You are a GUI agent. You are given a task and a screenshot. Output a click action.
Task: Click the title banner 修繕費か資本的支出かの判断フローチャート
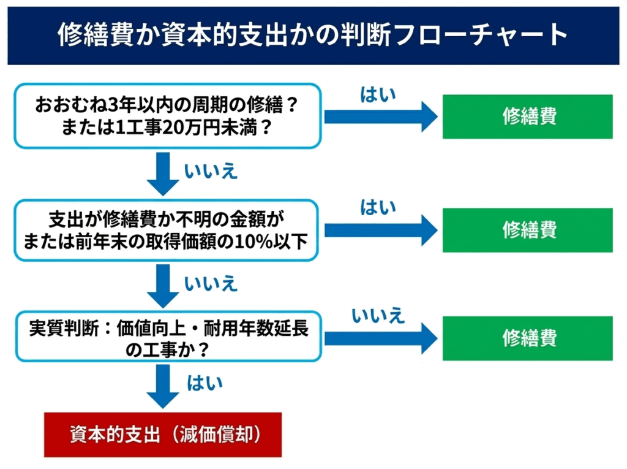click(x=313, y=36)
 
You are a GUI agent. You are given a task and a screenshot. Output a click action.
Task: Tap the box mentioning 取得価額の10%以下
click(x=167, y=230)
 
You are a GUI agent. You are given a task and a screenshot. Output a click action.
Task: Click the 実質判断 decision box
click(x=167, y=338)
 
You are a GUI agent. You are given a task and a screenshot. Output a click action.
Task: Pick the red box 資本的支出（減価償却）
click(x=162, y=434)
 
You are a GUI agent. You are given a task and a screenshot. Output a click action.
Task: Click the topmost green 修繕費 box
click(x=528, y=116)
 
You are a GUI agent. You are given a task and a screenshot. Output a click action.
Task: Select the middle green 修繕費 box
click(x=528, y=230)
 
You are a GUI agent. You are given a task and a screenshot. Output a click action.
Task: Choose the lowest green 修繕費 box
click(x=528, y=338)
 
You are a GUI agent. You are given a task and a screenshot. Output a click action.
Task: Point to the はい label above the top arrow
click(x=378, y=94)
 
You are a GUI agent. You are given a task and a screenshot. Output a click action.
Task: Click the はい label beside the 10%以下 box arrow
click(x=378, y=208)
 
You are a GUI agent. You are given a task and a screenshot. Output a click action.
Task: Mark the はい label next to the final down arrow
click(x=204, y=384)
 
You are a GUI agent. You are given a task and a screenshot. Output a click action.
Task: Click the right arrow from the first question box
click(x=380, y=116)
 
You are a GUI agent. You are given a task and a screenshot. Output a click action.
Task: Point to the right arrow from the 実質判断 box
click(x=380, y=338)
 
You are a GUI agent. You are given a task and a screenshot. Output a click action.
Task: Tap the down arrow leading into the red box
click(x=163, y=385)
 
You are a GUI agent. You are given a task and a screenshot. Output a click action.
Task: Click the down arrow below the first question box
click(x=163, y=173)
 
